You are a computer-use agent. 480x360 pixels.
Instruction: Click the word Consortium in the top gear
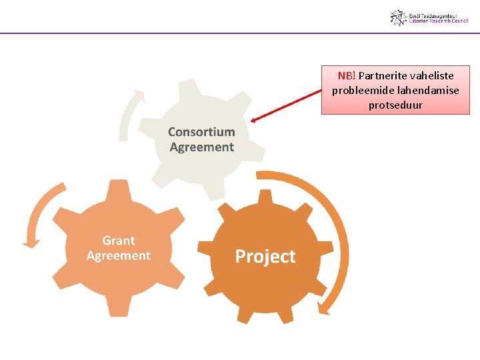click(x=201, y=132)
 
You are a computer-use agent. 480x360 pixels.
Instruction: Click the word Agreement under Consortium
click(x=201, y=147)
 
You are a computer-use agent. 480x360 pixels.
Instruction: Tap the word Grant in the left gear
click(x=119, y=241)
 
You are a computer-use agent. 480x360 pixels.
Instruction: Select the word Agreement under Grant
click(x=119, y=255)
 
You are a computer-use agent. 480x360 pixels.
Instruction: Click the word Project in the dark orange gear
click(x=265, y=257)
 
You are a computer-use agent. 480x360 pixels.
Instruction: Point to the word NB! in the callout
click(x=346, y=75)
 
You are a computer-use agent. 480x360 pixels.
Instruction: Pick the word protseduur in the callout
click(x=395, y=105)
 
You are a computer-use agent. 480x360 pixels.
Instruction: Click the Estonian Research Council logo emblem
click(x=398, y=18)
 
